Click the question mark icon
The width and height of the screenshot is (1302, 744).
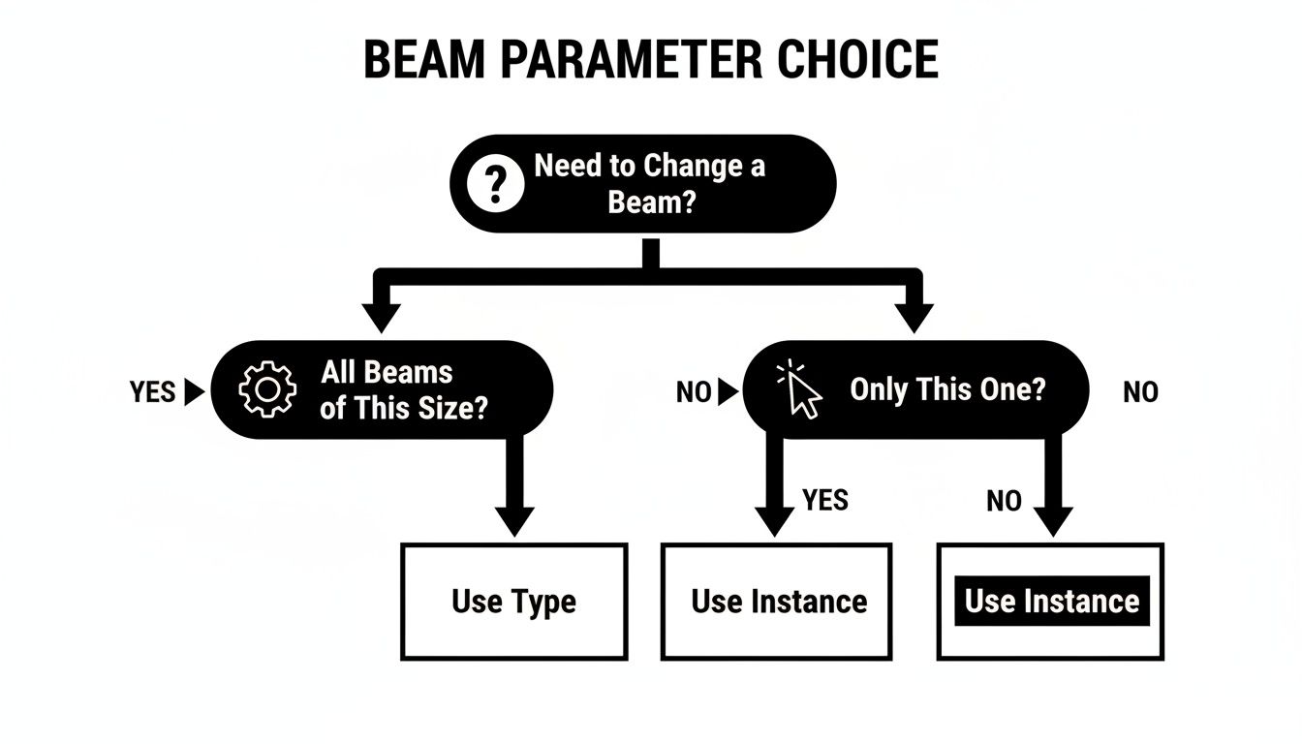[x=495, y=183]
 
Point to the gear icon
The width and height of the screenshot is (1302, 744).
[x=266, y=390]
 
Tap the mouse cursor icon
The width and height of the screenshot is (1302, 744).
[x=800, y=390]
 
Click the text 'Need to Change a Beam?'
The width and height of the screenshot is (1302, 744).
[x=650, y=183]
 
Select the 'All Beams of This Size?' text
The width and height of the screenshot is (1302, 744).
[x=403, y=390]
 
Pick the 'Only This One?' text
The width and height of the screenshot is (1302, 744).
[x=947, y=390]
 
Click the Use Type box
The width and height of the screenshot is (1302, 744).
[x=513, y=602]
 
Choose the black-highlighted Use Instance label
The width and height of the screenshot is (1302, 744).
[x=1052, y=602]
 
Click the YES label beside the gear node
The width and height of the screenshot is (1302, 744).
[x=153, y=392]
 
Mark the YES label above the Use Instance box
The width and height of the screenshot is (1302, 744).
[x=825, y=500]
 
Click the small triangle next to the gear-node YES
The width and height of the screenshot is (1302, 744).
[x=194, y=392]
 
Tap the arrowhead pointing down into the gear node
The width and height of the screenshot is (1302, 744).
[x=382, y=317]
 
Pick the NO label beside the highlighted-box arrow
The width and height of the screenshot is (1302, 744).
[x=1004, y=501]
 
